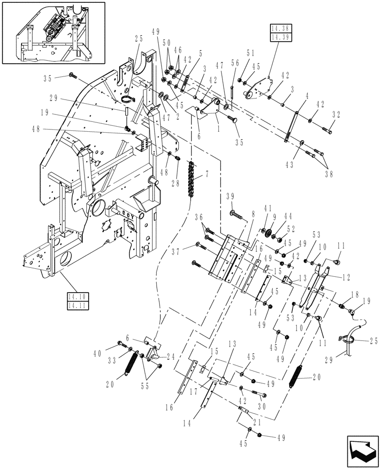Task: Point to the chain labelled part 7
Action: pos(191,179)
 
